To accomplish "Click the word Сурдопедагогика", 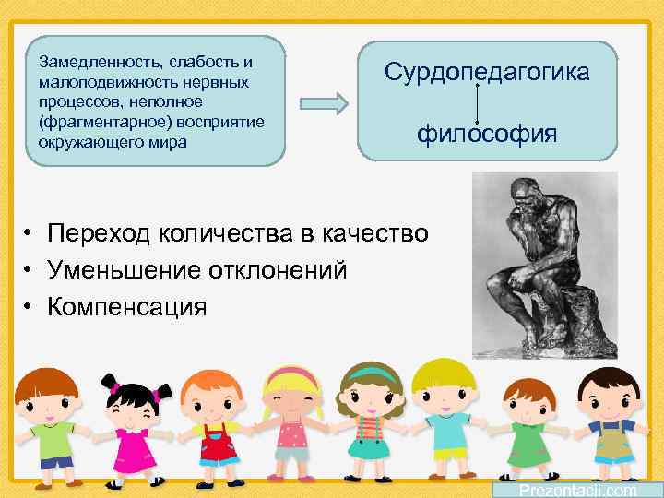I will (x=486, y=72).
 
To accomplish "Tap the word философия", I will (x=486, y=135).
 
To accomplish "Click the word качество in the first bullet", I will (x=377, y=233).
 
